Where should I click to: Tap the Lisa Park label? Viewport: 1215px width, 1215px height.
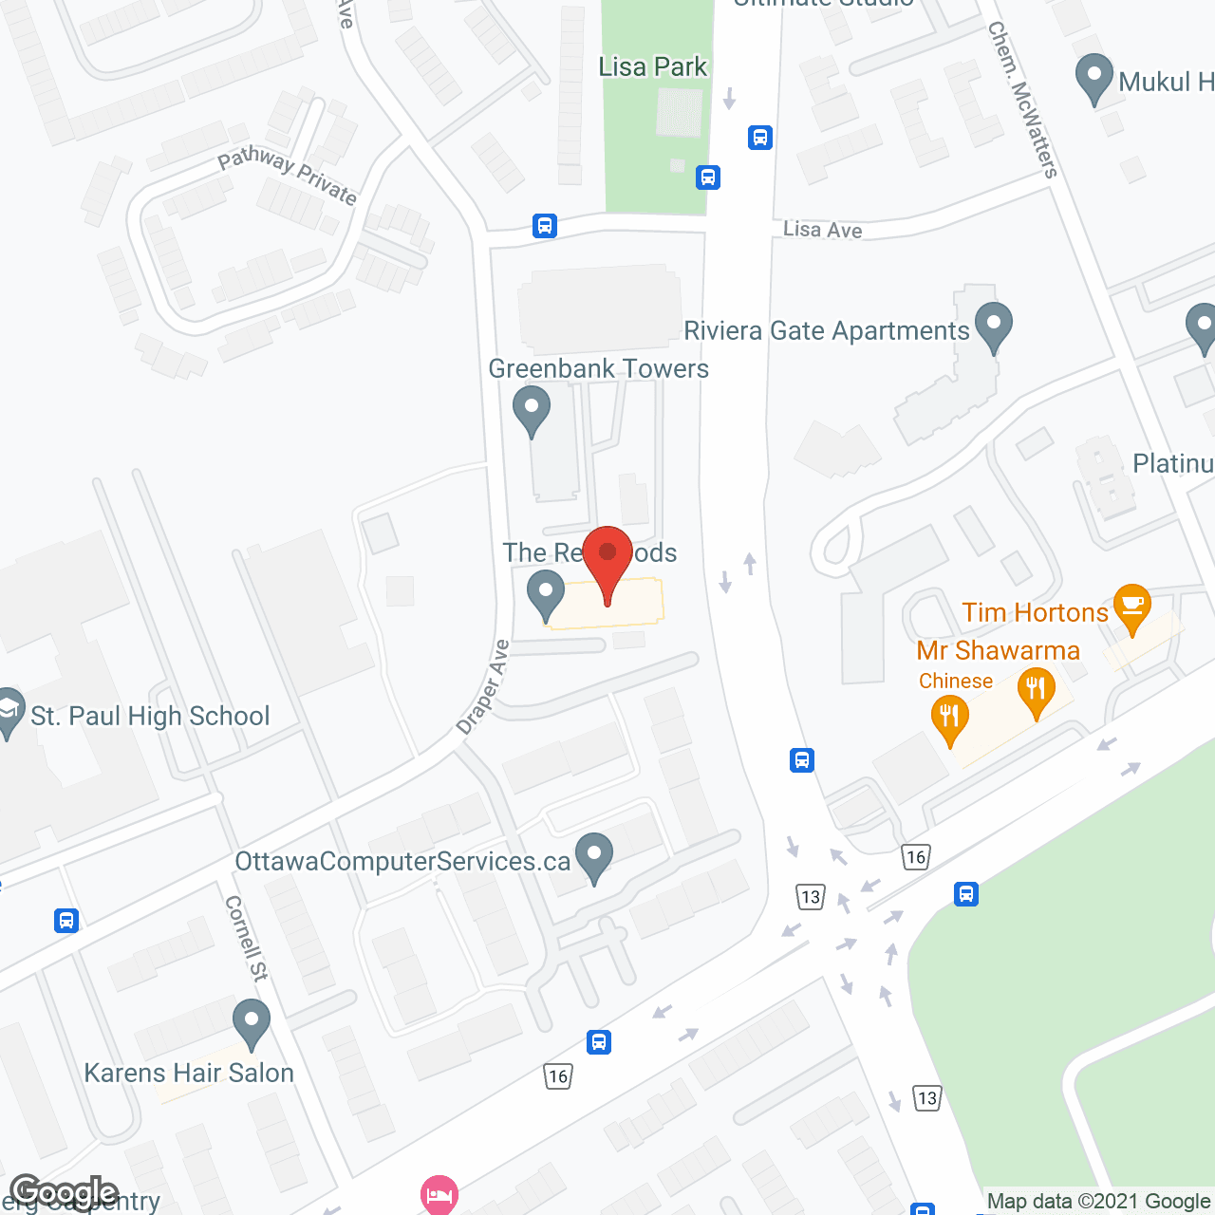tap(653, 66)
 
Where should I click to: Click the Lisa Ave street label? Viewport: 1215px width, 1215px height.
tap(822, 230)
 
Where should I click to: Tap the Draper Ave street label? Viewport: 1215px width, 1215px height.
tap(484, 687)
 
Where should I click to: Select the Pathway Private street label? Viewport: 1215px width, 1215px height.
tap(287, 176)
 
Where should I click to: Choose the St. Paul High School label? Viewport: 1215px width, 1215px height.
tap(150, 716)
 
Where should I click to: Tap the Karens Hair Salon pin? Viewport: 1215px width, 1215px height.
tap(252, 1022)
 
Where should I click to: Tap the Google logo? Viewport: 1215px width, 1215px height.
tap(65, 1192)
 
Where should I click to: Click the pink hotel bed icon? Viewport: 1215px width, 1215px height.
tap(439, 1193)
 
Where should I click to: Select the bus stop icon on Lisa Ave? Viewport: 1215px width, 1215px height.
tap(544, 226)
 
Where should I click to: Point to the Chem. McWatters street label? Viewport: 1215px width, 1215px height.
tap(1022, 100)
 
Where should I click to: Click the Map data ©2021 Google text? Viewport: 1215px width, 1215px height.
tap(1098, 1202)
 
